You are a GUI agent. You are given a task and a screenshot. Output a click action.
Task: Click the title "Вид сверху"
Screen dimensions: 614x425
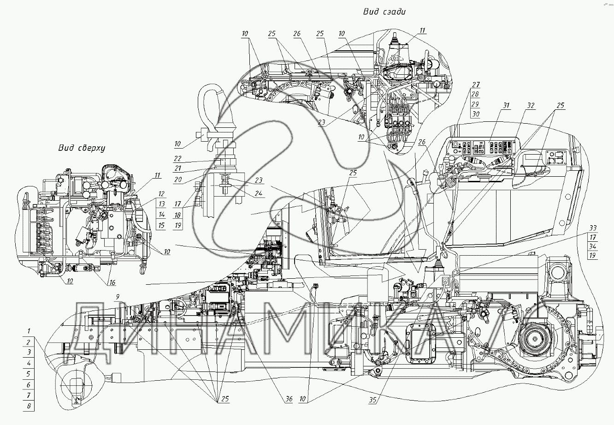[x=82, y=148]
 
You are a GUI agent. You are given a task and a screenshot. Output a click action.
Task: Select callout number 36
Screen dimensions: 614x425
[x=289, y=400]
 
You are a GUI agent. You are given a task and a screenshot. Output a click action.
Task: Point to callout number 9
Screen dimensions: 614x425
[x=118, y=296]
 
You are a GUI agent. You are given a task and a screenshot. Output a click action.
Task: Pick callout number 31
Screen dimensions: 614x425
[x=507, y=106]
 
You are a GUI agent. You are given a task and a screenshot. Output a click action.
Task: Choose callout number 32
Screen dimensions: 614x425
[x=531, y=106]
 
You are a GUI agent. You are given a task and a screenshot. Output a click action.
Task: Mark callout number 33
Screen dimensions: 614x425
[x=593, y=227]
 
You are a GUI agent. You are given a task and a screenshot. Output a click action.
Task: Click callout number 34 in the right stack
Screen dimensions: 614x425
[x=593, y=246]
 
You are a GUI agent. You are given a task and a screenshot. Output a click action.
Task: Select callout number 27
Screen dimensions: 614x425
[x=476, y=84]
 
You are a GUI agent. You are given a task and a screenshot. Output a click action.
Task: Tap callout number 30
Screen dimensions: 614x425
[x=476, y=114]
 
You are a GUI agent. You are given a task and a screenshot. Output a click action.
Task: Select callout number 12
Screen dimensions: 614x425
[x=161, y=193]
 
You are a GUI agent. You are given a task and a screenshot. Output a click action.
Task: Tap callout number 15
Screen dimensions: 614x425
[x=161, y=225]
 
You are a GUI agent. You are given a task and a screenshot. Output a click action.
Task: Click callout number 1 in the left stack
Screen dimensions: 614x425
[x=29, y=331]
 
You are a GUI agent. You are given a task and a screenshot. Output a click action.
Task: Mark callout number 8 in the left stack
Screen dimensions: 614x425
[x=29, y=406]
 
